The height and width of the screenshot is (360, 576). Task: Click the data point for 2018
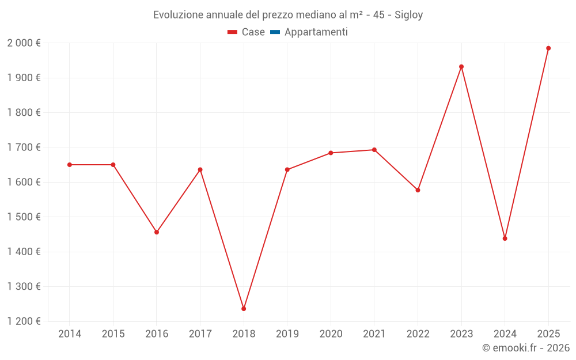pyautogui.click(x=244, y=309)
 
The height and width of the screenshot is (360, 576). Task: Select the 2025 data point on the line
pyautogui.click(x=548, y=48)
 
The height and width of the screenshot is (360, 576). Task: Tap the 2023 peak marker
pyautogui.click(x=461, y=67)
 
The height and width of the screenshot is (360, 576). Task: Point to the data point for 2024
pyautogui.click(x=505, y=238)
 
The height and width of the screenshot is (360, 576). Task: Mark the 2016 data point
pyautogui.click(x=157, y=232)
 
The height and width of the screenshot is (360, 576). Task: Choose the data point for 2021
pyautogui.click(x=374, y=150)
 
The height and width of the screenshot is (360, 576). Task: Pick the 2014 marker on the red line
pyautogui.click(x=70, y=165)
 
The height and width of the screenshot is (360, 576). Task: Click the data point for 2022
pyautogui.click(x=418, y=190)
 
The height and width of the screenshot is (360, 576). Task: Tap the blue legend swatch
pyautogui.click(x=275, y=32)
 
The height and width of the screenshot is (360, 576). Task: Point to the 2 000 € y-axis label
pyautogui.click(x=24, y=43)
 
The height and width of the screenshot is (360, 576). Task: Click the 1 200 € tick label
pyautogui.click(x=24, y=321)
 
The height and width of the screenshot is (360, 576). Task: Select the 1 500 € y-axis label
pyautogui.click(x=24, y=217)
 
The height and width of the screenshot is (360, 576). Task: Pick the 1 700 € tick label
pyautogui.click(x=24, y=147)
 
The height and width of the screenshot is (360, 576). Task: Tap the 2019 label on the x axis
pyautogui.click(x=287, y=334)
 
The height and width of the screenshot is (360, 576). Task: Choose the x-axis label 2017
pyautogui.click(x=200, y=334)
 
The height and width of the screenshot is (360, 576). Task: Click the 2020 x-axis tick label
pyautogui.click(x=331, y=334)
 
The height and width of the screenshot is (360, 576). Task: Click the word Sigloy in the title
pyautogui.click(x=409, y=15)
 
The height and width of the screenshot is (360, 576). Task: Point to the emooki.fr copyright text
pyautogui.click(x=526, y=348)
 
